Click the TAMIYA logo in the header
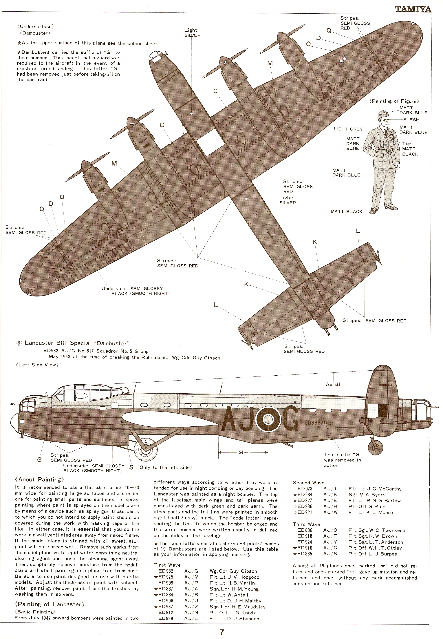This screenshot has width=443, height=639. (413, 9)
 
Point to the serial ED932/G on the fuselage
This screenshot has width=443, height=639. (316, 423)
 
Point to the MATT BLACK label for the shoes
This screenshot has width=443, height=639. (346, 211)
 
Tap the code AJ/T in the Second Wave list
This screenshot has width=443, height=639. (330, 489)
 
